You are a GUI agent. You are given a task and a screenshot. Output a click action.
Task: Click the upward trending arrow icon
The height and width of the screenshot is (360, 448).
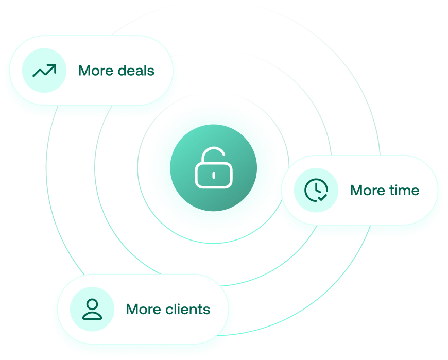point(44,71)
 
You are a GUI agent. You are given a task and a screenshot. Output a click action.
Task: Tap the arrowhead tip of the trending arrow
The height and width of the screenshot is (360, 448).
point(54,66)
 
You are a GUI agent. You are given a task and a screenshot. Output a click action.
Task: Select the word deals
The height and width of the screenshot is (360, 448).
point(136,71)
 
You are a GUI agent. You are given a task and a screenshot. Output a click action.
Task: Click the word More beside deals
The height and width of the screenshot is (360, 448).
point(96,71)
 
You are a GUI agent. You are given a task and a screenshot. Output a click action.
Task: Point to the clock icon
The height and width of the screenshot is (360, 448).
point(316,190)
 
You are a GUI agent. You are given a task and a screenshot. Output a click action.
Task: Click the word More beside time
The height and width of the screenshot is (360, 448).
point(368,190)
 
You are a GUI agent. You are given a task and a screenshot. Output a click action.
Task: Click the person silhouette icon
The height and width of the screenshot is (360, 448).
point(92,309)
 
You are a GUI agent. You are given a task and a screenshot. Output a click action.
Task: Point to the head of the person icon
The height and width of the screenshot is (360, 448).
point(92,304)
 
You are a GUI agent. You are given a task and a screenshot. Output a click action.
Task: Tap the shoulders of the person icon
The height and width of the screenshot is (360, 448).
point(92,315)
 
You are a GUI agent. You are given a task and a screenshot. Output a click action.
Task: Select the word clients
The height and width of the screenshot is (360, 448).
point(189,309)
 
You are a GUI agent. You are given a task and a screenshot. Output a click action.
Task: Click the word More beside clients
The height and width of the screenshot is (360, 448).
point(144,309)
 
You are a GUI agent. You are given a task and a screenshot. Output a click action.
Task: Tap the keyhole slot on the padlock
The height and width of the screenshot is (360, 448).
point(213,175)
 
